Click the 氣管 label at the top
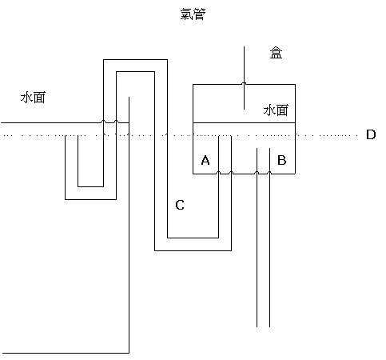(x=193, y=14)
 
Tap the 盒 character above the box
(x=276, y=53)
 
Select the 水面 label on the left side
(x=33, y=98)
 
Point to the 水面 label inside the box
(x=276, y=110)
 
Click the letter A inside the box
(x=205, y=160)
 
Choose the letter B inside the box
(x=282, y=160)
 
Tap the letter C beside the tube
(x=180, y=205)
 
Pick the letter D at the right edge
(x=371, y=134)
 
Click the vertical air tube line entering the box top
(x=244, y=78)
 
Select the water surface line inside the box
(x=244, y=122)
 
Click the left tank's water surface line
(x=65, y=122)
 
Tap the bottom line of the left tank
(x=66, y=353)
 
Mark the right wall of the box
(x=295, y=129)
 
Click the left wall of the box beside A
(x=193, y=129)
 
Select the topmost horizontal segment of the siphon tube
(x=135, y=60)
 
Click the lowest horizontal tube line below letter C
(x=193, y=250)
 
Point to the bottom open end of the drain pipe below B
(x=263, y=326)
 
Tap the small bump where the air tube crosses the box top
(x=244, y=83)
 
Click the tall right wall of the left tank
(x=129, y=225)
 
